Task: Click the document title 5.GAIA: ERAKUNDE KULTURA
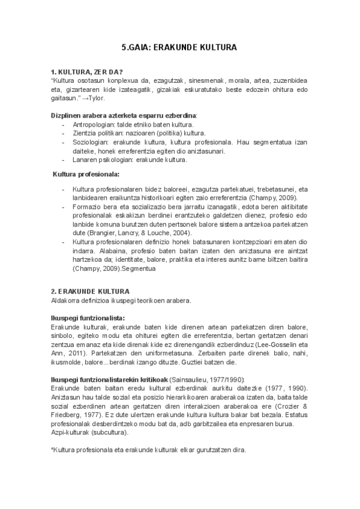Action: click(x=179, y=47)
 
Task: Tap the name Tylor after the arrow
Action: click(x=96, y=97)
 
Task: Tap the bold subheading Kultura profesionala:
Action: click(x=86, y=174)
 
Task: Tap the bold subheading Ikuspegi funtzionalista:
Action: click(x=88, y=318)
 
